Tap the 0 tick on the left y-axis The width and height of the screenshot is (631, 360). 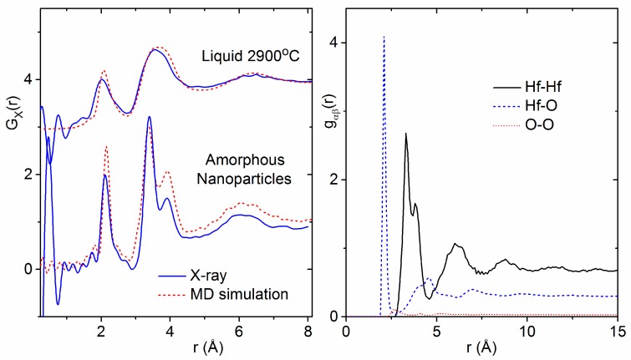click(x=28, y=269)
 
